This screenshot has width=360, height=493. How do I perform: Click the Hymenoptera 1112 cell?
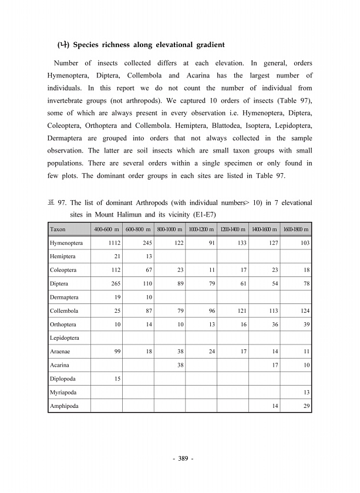tap(111, 243)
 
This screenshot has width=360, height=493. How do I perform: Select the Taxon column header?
tap(58, 229)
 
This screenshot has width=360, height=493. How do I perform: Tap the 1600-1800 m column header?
tap(296, 229)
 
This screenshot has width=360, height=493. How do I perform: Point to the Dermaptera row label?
tap(65, 297)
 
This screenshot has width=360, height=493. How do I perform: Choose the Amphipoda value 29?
tap(305, 406)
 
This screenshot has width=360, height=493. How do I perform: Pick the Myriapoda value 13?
tap(305, 392)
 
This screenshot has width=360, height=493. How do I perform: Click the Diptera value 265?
tap(113, 283)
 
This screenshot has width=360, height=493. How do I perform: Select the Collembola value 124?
tap(303, 310)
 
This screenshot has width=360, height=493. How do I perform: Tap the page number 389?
tap(180, 458)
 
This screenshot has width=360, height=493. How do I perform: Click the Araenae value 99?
tap(116, 352)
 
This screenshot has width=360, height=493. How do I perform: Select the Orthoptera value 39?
tap(305, 325)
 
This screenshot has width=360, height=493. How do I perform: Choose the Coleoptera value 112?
tap(113, 270)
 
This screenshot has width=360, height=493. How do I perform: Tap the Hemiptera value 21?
tap(116, 256)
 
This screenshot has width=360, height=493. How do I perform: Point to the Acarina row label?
tap(60, 365)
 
